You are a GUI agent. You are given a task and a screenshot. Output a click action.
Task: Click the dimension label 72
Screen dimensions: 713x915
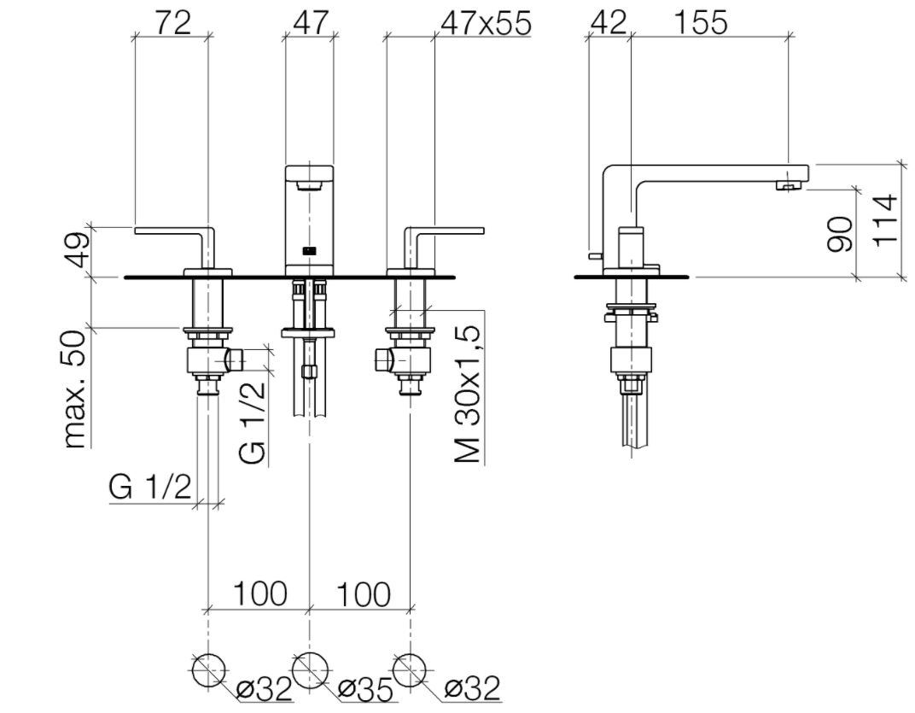point(172,22)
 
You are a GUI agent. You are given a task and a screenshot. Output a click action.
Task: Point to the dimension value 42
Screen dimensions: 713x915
point(609,22)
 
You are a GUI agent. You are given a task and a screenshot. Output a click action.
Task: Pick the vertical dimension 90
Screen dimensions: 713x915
point(841,233)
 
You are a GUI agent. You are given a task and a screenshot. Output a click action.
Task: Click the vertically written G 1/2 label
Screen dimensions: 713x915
point(254,424)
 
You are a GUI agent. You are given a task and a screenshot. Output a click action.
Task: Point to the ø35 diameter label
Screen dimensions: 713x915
point(364,687)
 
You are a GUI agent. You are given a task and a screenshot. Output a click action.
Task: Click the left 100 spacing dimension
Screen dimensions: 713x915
point(259,593)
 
